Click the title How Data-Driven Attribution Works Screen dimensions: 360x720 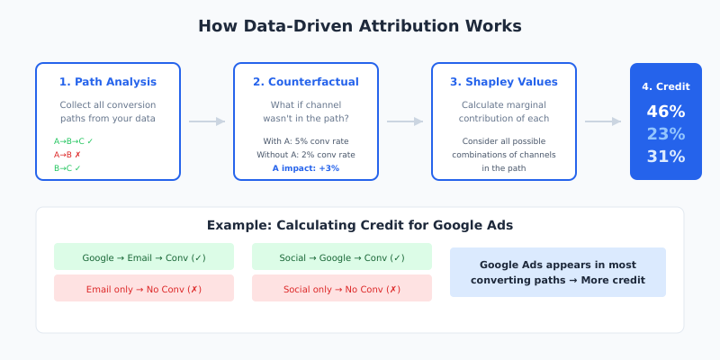tap(360, 26)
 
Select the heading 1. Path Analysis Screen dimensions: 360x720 tap(108, 82)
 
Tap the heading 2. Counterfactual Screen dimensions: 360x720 tap(306, 82)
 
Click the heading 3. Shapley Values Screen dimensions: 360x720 tap(504, 82)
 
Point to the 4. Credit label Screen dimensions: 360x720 tap(666, 87)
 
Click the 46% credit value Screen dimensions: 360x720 tap(666, 112)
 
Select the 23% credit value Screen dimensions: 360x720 tap(666, 134)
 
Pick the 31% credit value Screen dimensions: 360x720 tap(666, 157)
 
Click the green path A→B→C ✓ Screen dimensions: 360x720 tap(74, 141)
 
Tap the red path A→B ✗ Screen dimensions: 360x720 tap(68, 155)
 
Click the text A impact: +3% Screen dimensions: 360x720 tap(306, 168)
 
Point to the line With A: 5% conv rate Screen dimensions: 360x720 tap(306, 141)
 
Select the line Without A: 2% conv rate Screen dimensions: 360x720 tap(306, 155)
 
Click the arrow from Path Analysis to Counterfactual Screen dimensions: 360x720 tap(207, 121)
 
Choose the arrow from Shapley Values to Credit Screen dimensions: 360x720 tap(603, 121)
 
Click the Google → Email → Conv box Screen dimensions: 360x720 tap(144, 256)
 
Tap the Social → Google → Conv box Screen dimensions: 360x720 tap(342, 256)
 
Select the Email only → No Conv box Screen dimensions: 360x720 tap(144, 288)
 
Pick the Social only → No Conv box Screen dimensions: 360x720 tap(342, 288)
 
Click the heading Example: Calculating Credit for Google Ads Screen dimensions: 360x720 tap(360, 226)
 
